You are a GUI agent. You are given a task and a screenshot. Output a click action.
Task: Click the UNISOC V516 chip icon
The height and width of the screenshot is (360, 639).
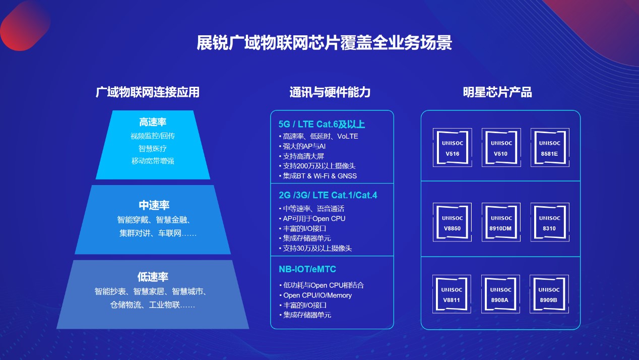452,148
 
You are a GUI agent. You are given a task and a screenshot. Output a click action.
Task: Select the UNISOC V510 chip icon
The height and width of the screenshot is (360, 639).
501,148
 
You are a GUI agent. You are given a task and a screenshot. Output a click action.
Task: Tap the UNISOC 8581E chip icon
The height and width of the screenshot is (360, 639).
550,148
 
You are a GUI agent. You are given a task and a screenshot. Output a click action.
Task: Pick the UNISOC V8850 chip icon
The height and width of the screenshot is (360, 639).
452,222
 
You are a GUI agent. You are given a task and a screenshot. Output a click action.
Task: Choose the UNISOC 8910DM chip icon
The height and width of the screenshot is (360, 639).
501,222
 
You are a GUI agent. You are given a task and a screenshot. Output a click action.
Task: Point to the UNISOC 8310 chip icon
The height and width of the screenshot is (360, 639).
550,222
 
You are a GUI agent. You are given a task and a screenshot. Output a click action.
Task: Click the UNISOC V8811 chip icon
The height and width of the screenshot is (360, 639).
452,294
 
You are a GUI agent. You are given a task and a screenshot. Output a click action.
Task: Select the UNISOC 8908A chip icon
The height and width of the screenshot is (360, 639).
500,294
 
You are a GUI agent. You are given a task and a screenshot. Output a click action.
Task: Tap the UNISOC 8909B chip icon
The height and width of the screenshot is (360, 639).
549,294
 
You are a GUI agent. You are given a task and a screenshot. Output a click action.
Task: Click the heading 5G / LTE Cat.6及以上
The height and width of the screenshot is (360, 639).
322,124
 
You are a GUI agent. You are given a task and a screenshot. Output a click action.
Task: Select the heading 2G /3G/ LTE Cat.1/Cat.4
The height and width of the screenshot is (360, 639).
328,195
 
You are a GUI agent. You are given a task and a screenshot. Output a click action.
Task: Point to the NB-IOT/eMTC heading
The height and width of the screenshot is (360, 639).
307,269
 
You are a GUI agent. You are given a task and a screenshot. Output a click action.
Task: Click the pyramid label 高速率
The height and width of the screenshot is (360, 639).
153,122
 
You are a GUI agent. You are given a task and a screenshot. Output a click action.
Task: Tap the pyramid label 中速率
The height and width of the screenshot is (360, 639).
154,205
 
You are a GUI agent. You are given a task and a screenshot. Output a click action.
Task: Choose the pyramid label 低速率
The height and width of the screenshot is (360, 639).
153,276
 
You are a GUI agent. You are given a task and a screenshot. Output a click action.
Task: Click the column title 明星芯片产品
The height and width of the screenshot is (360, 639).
497,92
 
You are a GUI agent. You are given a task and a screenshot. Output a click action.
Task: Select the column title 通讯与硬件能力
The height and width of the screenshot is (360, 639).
330,92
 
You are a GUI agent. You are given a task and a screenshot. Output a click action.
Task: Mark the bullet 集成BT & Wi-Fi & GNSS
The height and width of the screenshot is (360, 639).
318,176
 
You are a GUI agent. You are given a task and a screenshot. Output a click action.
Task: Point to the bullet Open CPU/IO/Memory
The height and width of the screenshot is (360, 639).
315,295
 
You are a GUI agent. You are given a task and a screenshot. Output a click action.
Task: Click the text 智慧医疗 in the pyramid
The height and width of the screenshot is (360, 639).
153,148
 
